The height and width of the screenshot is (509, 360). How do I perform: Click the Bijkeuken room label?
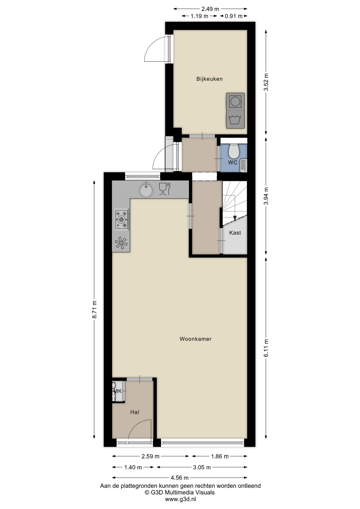tap(209, 79)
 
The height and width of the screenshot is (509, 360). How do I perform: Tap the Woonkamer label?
tap(196, 339)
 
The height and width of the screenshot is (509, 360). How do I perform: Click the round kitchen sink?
tap(146, 190)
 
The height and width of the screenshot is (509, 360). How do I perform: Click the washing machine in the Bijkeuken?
tap(235, 120)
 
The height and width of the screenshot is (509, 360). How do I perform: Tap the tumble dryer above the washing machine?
tap(235, 102)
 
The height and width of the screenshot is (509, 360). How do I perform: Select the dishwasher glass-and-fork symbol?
tap(164, 189)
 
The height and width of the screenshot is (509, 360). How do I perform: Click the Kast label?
tap(235, 233)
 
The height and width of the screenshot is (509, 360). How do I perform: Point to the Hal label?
tap(135, 412)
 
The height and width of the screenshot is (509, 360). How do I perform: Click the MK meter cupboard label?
tap(117, 391)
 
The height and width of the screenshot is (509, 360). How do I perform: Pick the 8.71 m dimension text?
tap(94, 310)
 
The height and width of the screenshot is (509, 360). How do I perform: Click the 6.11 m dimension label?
tap(266, 348)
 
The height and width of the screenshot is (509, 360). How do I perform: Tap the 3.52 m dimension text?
tap(266, 82)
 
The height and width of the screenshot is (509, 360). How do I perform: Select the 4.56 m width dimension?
tap(180, 478)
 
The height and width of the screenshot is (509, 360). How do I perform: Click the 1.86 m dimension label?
tap(220, 456)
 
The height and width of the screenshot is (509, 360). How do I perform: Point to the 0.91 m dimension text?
tap(234, 16)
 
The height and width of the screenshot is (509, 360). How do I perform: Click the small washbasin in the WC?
tap(244, 165)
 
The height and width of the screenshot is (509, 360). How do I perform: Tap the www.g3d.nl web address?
tap(180, 499)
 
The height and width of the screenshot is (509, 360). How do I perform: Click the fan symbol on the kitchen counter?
tap(121, 243)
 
